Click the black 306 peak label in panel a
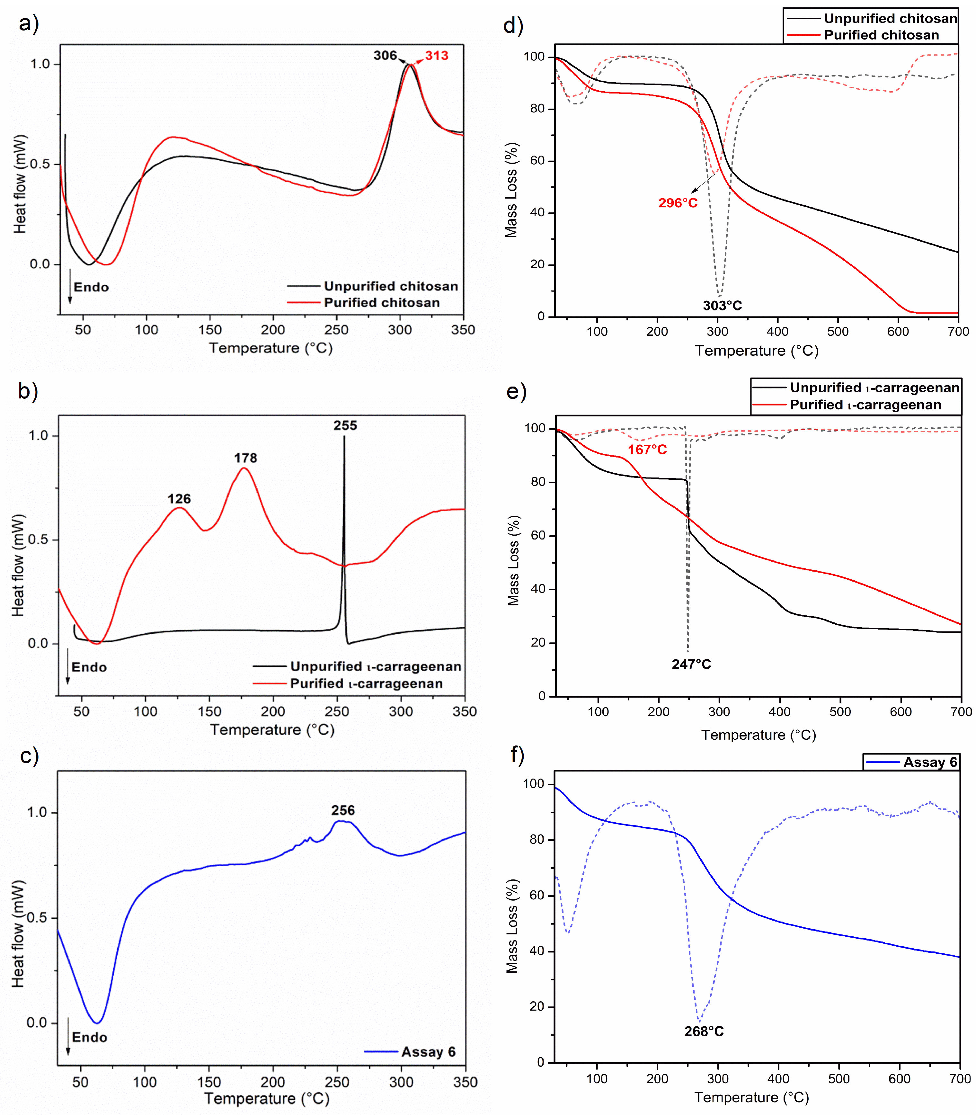pos(385,56)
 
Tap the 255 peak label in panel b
pos(345,425)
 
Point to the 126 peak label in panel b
pos(179,499)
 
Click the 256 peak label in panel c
pos(343,810)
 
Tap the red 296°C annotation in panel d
pos(678,203)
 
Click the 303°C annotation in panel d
pos(722,306)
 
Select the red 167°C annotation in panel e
pos(647,450)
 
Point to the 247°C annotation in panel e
pos(691,664)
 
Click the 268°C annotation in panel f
pos(704,1031)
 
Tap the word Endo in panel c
pos(89,1037)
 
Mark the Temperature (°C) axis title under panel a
pos(271,348)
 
